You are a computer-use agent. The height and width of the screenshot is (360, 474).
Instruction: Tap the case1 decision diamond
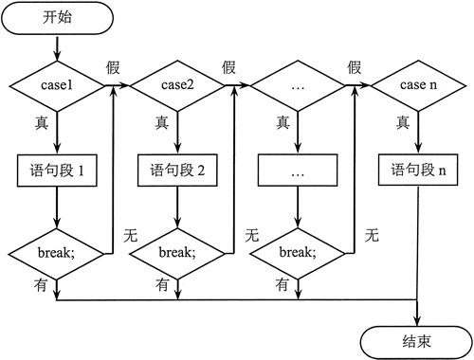coord(58,86)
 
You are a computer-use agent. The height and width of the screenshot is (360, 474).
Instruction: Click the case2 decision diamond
coord(177,86)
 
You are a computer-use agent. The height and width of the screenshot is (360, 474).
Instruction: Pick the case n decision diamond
coord(417,86)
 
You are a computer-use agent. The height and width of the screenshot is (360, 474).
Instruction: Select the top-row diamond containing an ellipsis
coord(298,86)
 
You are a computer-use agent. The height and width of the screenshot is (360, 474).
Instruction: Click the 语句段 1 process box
coord(58,172)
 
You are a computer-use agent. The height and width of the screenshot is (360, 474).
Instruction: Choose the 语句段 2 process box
coord(177,172)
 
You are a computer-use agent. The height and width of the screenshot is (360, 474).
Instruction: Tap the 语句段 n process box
coord(417,172)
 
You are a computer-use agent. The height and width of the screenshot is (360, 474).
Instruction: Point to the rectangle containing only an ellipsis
coord(298,172)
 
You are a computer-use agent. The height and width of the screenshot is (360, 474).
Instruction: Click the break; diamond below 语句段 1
coord(58,254)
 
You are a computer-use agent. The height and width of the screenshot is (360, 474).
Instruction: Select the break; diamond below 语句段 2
coord(177,254)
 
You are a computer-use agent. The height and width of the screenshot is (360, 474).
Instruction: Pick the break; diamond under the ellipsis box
coord(298,254)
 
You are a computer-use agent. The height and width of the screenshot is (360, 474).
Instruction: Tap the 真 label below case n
coord(403,122)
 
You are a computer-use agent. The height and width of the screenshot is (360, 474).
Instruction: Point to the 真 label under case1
coord(43,122)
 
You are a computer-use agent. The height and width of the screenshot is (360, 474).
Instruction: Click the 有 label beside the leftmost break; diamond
coord(42,283)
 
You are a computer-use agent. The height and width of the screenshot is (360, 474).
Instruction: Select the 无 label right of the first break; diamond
coord(131,233)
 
